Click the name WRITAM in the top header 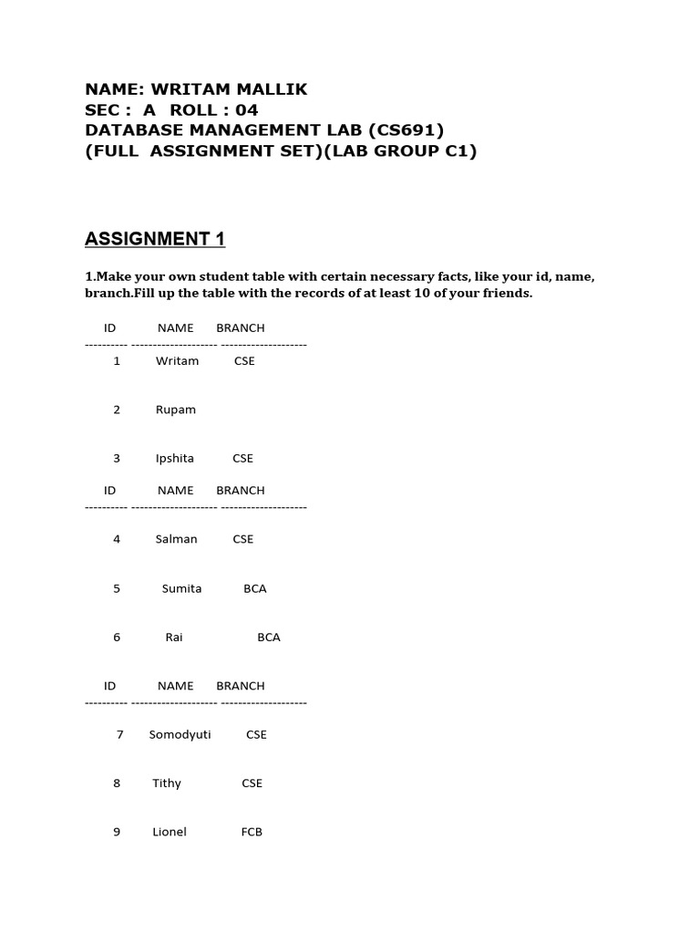pyautogui.click(x=190, y=89)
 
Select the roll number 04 pyautogui.click(x=247, y=110)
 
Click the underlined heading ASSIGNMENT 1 pyautogui.click(x=155, y=239)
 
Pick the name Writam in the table pyautogui.click(x=177, y=361)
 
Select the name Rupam pyautogui.click(x=176, y=410)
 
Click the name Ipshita pyautogui.click(x=175, y=459)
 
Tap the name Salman pyautogui.click(x=177, y=539)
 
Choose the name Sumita pyautogui.click(x=182, y=588)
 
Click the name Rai pyautogui.click(x=174, y=638)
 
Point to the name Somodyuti pyautogui.click(x=180, y=734)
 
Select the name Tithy pyautogui.click(x=167, y=784)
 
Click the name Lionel pyautogui.click(x=170, y=832)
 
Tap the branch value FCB pyautogui.click(x=252, y=832)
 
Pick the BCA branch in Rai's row pyautogui.click(x=269, y=638)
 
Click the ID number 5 pyautogui.click(x=117, y=588)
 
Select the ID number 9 pyautogui.click(x=117, y=832)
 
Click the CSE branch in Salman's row pyautogui.click(x=243, y=539)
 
